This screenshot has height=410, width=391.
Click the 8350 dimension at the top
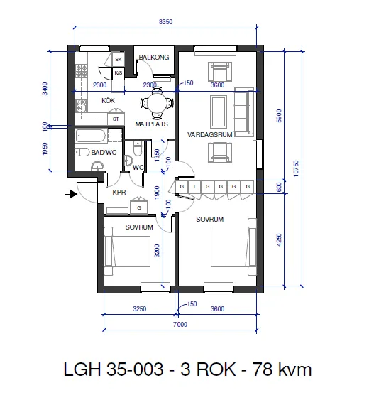point(165,22)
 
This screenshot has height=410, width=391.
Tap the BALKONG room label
point(154,58)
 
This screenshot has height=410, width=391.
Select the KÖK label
point(108,101)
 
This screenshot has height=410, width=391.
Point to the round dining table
point(157,103)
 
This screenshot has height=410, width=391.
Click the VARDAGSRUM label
point(210,135)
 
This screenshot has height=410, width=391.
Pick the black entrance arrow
point(71,194)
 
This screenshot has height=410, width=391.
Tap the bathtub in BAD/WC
point(91,136)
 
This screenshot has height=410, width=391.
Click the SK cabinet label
point(119,60)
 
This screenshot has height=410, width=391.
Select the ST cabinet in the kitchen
point(116,119)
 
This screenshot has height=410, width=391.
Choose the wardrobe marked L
point(194,187)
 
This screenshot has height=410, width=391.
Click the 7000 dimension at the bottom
point(180,325)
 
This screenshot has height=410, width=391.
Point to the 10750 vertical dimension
point(296,168)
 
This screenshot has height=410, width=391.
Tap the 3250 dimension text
point(140,309)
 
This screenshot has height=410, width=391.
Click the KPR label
point(119,193)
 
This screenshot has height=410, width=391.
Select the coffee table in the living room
point(219,112)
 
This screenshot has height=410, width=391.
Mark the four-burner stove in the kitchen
point(81,71)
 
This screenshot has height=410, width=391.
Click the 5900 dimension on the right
point(279,116)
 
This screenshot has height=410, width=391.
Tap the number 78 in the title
point(262,369)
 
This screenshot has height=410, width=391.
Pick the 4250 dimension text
point(279,240)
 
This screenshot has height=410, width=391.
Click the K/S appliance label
point(119,73)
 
